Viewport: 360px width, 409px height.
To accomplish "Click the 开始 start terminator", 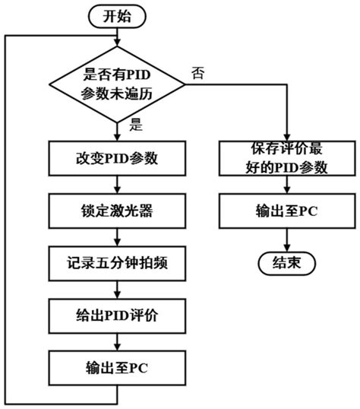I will click(x=116, y=14).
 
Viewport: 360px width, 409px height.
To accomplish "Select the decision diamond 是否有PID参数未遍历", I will click(x=116, y=84).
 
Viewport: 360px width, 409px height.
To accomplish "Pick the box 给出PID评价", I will click(x=116, y=314).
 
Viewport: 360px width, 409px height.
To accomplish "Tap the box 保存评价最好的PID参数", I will click(x=286, y=159).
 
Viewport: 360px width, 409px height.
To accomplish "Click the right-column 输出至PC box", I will click(x=286, y=211).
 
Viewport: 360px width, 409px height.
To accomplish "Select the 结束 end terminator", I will click(x=286, y=263).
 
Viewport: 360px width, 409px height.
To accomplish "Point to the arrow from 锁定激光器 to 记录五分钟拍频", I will click(x=116, y=236).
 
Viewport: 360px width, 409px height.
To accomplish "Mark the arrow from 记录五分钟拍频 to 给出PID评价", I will click(x=116, y=288).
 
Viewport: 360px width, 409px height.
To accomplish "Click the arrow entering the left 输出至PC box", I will click(x=116, y=340).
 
